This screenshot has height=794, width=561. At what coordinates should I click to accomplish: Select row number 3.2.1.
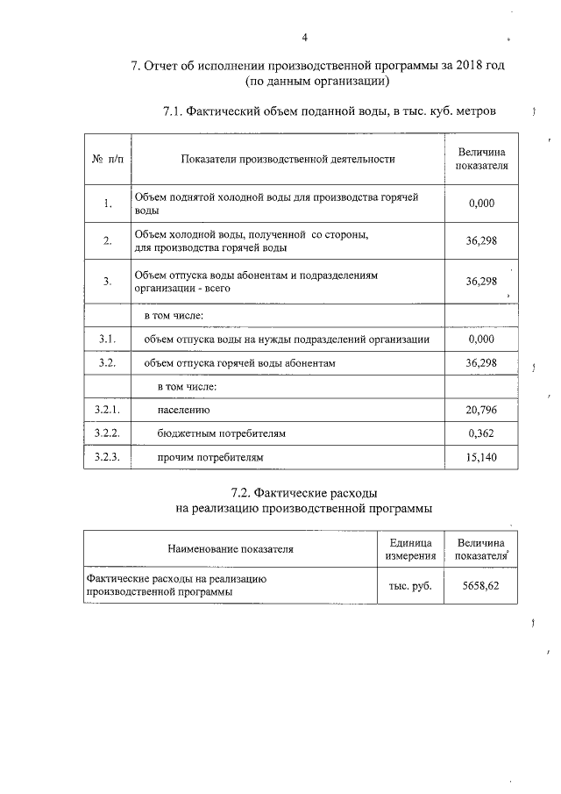[107, 410]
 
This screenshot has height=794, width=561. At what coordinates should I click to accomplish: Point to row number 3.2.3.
[107, 457]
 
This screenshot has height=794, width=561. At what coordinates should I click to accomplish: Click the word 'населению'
[184, 410]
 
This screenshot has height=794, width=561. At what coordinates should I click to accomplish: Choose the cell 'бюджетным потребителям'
[222, 433]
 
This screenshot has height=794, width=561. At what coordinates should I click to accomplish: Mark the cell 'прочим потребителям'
[210, 457]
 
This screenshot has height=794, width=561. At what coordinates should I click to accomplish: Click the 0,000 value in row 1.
[482, 204]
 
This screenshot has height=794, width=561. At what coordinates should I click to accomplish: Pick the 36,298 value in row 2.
[482, 242]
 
